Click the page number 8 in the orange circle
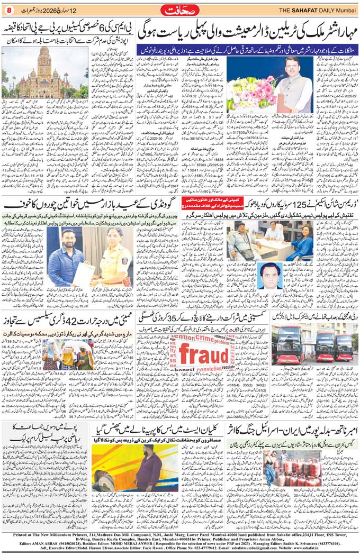(x=8, y=11)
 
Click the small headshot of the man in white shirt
(x=272, y=290)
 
